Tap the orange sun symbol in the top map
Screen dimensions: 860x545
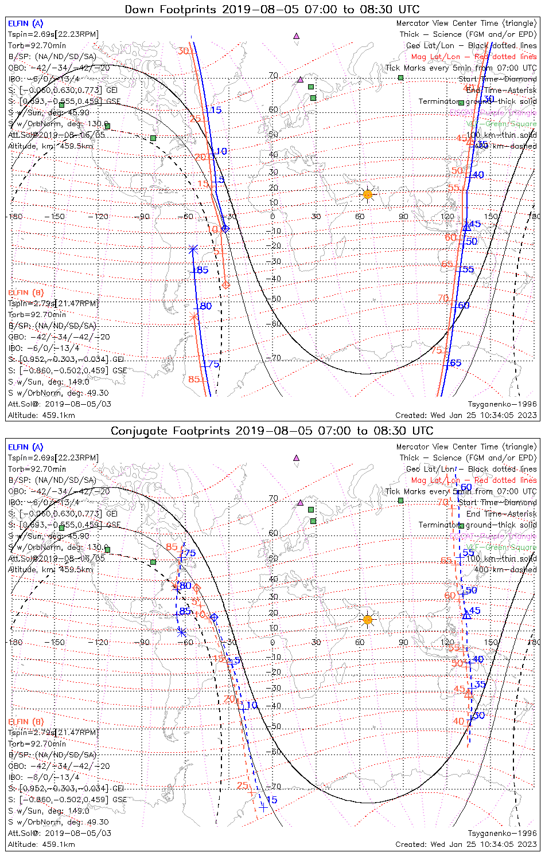(368, 194)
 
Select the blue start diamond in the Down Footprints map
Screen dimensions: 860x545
(225, 228)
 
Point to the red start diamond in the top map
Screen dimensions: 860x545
(225, 284)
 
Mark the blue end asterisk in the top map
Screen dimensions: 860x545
(193, 249)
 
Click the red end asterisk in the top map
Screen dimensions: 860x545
(194, 316)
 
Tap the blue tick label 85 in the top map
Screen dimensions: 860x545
(202, 270)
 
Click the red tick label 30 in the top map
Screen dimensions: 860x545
(182, 51)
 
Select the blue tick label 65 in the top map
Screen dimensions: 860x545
(455, 363)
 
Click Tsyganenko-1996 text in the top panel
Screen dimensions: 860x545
(502, 404)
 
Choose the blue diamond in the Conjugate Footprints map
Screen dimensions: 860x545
(214, 617)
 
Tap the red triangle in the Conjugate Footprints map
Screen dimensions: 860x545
(468, 693)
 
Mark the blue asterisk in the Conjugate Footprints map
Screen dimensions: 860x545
(181, 632)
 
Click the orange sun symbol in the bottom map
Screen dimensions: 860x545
(368, 619)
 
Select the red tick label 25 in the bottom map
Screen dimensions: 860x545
(243, 785)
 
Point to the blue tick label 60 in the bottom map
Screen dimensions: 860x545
(466, 487)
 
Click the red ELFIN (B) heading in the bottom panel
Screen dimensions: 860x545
(26, 721)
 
